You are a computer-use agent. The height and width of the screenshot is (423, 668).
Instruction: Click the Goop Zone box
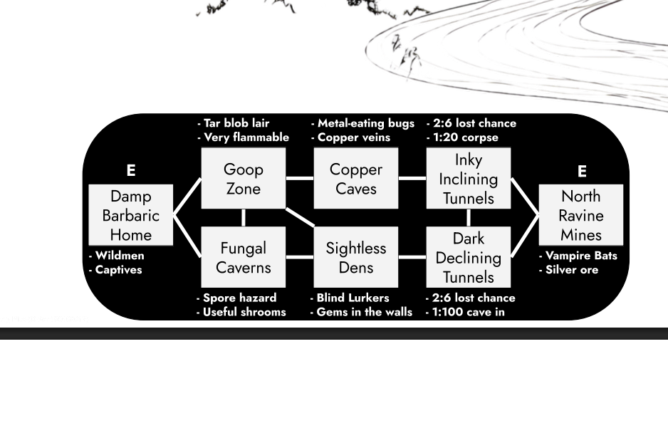244,178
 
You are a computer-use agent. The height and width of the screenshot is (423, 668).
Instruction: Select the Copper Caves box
356,178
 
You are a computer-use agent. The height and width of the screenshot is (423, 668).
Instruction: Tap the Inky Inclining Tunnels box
469,178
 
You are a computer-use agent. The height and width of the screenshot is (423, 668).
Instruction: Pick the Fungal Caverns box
244,257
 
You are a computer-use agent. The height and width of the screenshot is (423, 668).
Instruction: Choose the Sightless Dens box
356,257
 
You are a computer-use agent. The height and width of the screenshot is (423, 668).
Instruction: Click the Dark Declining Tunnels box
469,257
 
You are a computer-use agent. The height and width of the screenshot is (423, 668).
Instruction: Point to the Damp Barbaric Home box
131,215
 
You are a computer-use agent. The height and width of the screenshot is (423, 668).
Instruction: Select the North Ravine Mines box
581,215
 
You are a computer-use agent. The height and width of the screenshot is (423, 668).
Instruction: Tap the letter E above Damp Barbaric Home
131,171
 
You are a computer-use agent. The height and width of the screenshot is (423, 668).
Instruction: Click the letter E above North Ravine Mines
582,171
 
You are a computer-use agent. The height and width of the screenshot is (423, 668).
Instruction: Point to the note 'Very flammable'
246,137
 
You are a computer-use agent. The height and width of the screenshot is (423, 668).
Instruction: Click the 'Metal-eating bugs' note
365,123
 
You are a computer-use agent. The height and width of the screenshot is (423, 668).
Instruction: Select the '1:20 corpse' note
465,137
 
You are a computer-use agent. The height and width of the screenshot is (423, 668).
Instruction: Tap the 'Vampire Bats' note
580,256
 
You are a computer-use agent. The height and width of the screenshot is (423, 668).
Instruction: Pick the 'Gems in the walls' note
364,312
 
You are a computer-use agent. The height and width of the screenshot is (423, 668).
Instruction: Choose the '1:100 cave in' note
469,312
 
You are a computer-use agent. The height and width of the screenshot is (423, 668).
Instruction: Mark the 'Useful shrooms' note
244,312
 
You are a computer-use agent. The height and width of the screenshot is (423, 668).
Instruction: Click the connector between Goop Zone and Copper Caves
300,178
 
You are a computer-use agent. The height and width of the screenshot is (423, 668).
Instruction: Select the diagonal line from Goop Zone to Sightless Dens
300,217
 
